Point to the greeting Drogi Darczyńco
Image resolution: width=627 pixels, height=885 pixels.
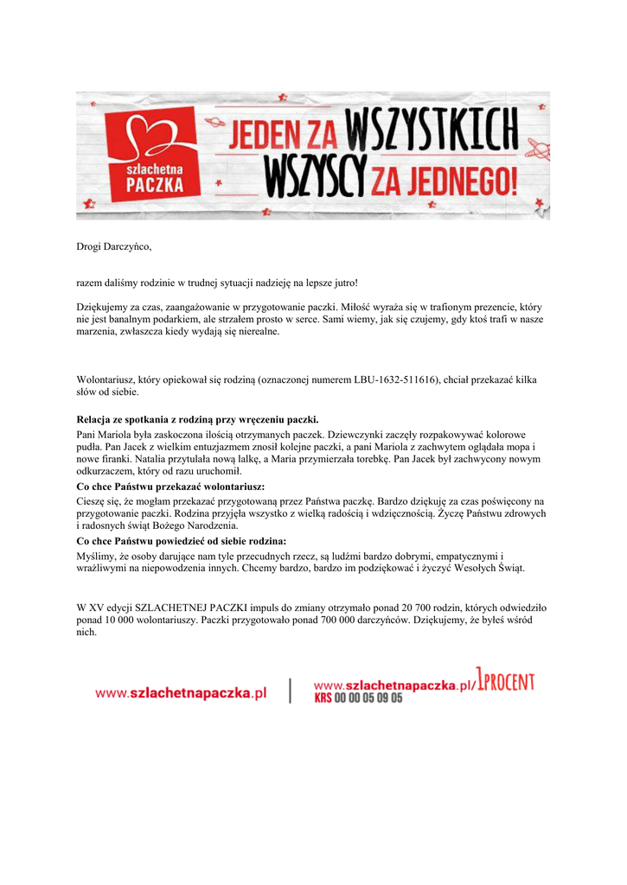[114, 247]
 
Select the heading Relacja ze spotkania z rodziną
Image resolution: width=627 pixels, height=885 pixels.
[198, 419]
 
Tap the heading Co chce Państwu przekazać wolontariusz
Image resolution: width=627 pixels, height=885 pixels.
[170, 487]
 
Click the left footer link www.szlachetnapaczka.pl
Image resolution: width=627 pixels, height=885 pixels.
[181, 692]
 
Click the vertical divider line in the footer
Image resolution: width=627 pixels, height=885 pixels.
[291, 690]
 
